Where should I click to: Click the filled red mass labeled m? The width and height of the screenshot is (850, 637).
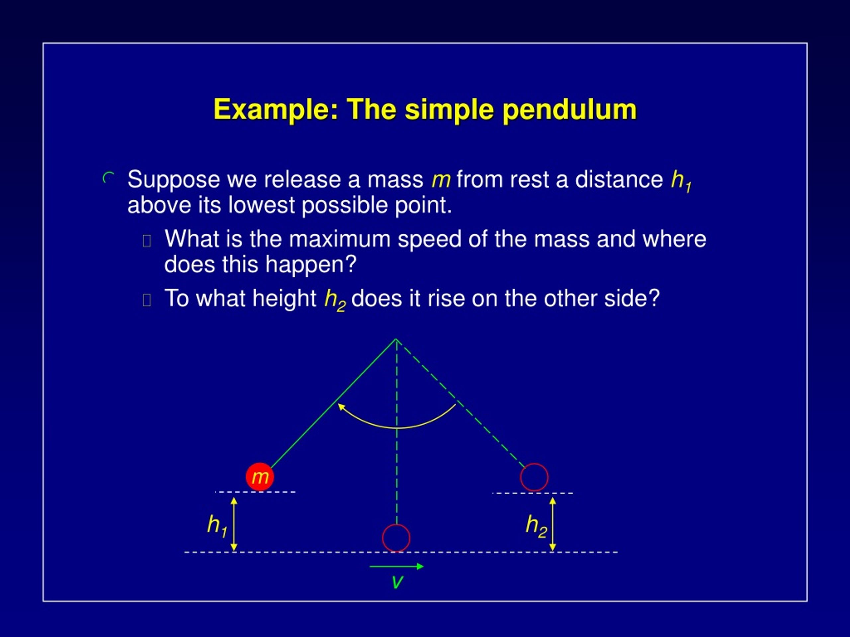(260, 476)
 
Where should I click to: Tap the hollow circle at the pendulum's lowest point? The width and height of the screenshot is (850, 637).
(396, 538)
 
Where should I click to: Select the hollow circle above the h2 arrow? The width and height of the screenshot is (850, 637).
(534, 477)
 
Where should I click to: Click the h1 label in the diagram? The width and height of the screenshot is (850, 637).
(217, 525)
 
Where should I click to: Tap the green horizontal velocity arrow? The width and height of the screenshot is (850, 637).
(396, 566)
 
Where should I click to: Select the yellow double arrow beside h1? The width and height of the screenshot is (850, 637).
(234, 524)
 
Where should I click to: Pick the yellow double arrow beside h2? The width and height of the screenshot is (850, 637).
(552, 524)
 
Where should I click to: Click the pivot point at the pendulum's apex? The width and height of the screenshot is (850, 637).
(396, 339)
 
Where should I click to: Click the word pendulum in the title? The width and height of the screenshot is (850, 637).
(569, 110)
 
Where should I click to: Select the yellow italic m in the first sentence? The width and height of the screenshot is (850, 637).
(440, 180)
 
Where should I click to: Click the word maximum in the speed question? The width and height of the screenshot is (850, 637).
(339, 239)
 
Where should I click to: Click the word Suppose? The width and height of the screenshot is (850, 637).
(174, 180)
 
